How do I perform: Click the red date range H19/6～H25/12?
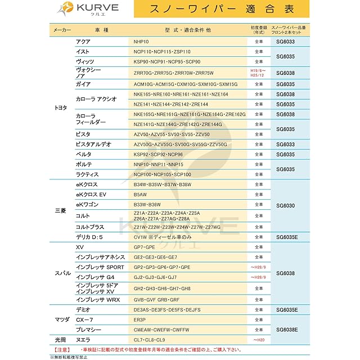point(258,73)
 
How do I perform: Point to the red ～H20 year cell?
point(258,340)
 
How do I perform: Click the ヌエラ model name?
point(85,340)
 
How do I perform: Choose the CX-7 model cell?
point(84,319)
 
